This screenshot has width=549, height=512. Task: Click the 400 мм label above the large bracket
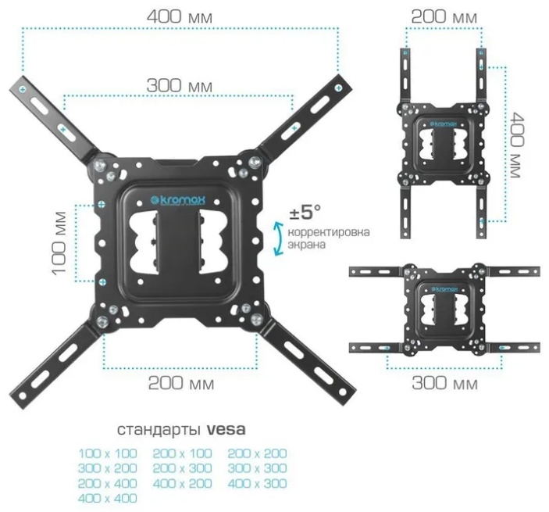[x=180, y=16]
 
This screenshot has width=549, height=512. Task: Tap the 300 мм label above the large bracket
[x=180, y=85]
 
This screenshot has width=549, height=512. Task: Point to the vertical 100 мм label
[x=59, y=243]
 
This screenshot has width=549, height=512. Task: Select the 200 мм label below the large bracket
[x=181, y=383]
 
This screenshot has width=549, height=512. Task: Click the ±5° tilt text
[x=305, y=212]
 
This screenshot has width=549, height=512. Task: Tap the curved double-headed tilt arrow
[x=278, y=238]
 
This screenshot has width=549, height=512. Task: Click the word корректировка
[x=329, y=232]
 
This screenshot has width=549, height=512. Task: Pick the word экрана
[x=307, y=244]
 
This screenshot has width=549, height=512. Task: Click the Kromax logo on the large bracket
[x=178, y=200]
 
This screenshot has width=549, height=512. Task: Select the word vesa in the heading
[x=226, y=429]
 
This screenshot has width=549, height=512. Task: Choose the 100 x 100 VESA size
[x=108, y=453]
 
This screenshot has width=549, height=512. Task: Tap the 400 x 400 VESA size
[x=108, y=498]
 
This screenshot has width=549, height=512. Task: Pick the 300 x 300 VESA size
[x=258, y=468]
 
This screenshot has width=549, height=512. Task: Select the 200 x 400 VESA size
[x=108, y=483]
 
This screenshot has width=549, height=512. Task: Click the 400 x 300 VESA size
[x=258, y=483]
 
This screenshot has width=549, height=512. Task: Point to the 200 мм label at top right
[x=444, y=16]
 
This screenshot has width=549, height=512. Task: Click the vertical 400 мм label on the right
[x=518, y=145]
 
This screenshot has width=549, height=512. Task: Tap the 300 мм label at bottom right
[x=444, y=383]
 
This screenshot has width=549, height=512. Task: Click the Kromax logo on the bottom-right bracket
[x=444, y=289]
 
